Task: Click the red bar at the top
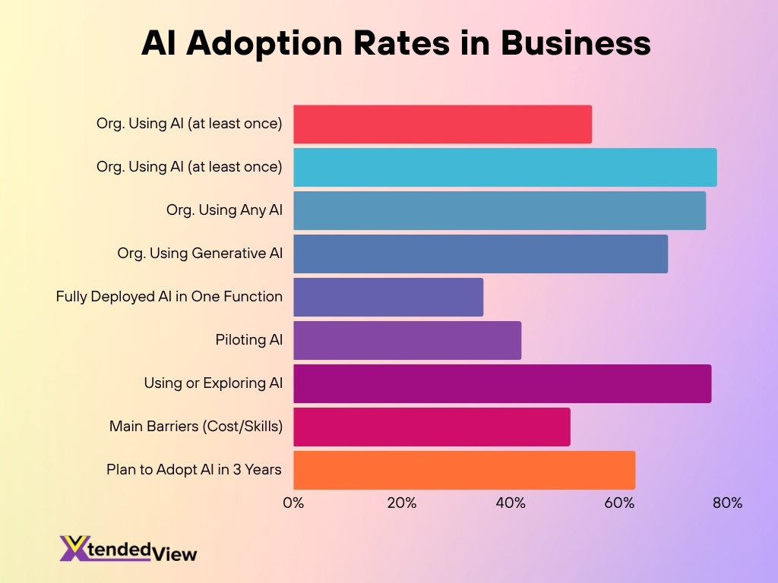[442, 124]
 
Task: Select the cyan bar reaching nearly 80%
[504, 168]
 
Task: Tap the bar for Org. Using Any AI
[499, 210]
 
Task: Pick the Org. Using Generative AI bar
[480, 254]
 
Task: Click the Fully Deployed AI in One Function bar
[388, 297]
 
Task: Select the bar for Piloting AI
[407, 340]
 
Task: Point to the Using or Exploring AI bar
[502, 383]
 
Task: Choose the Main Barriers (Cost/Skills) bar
[432, 427]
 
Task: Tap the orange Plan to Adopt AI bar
[464, 470]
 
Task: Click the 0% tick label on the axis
[293, 503]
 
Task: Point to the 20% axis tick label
[401, 503]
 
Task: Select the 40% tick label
[511, 503]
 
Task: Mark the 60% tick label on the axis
[619, 503]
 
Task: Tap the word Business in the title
[575, 43]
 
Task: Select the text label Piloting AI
[249, 340]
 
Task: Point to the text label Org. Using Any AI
[224, 210]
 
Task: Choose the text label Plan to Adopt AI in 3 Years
[194, 470]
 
